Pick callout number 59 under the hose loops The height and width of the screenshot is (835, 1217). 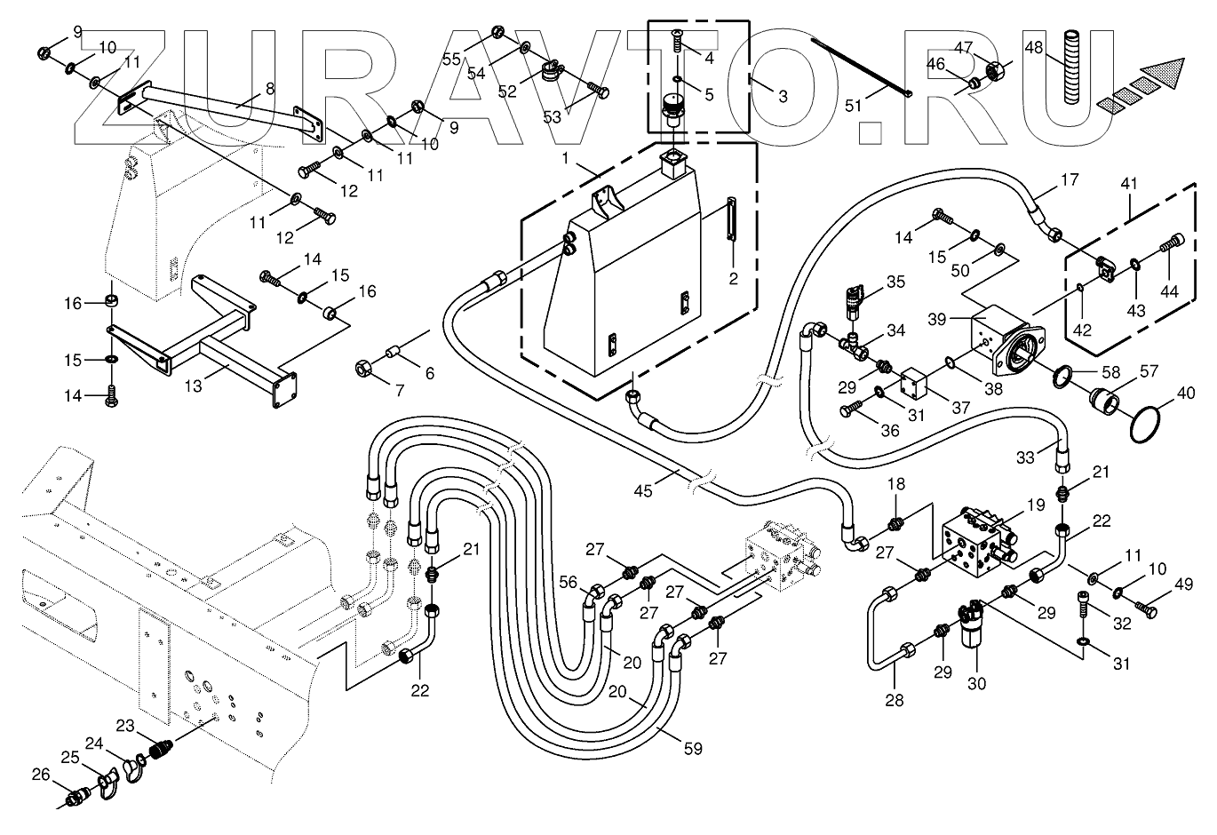point(693,749)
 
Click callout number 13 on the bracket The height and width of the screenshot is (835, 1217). point(194,386)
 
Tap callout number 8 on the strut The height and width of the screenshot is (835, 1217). point(271,88)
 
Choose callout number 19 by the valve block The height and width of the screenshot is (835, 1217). point(1036,505)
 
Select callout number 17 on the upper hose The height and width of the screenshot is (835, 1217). point(1069,179)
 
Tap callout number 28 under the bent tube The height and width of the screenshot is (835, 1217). point(894,701)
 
